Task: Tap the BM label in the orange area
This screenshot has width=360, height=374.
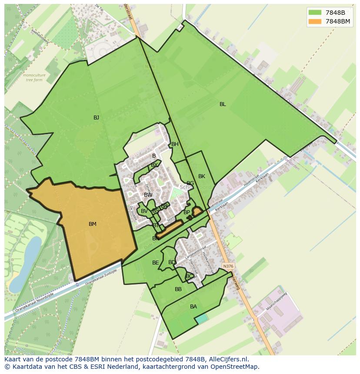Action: click(x=93, y=224)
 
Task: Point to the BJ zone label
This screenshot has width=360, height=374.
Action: click(x=96, y=118)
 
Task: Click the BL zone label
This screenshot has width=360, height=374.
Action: click(x=223, y=104)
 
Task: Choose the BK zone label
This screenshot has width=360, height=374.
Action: click(x=202, y=176)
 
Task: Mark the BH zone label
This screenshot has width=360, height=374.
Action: click(x=175, y=144)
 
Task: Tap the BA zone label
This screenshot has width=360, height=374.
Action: click(x=193, y=307)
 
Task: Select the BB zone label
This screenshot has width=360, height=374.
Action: click(x=178, y=289)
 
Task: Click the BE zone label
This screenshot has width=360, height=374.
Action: click(x=156, y=263)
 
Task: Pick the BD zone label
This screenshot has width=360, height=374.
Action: click(x=172, y=262)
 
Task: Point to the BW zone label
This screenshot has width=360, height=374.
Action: click(x=148, y=195)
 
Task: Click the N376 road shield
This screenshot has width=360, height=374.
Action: click(x=227, y=266)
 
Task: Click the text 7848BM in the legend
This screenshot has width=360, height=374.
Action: click(x=338, y=21)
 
